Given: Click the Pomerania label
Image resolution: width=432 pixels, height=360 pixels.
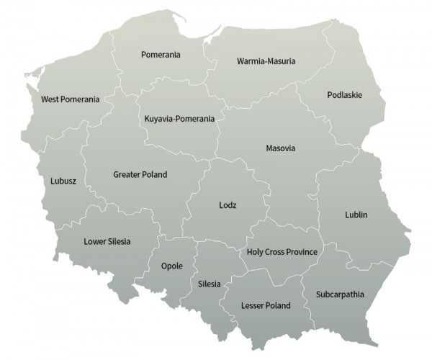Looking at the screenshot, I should click(161, 55).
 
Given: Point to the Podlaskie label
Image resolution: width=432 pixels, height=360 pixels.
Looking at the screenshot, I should click(344, 95).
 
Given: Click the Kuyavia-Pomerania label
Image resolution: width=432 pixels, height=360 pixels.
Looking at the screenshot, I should click(179, 117).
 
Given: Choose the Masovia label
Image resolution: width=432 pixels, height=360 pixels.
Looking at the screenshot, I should click(281, 149).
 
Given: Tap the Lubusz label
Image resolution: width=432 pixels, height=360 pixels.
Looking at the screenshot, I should click(63, 181).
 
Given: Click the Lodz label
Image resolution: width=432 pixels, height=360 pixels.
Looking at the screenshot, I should click(228, 205).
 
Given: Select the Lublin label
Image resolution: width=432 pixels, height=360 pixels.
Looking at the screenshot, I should click(356, 215).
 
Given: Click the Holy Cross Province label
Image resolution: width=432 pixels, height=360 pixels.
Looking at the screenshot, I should click(282, 251).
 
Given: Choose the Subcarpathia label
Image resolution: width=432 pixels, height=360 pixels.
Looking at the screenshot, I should click(340, 294).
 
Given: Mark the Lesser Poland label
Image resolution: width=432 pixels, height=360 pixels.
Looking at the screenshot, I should click(266, 305).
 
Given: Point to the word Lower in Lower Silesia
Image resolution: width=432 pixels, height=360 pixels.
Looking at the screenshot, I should click(94, 241).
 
